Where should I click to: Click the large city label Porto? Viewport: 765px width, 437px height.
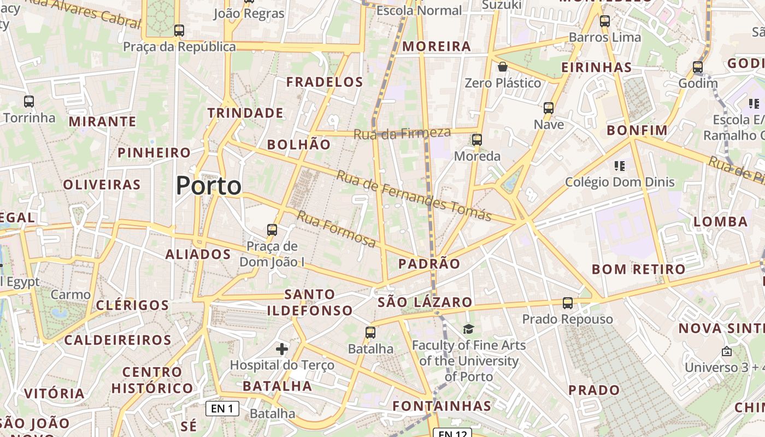point(208,186)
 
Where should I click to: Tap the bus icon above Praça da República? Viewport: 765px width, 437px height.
point(179,31)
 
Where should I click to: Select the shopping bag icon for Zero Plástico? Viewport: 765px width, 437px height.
point(502,67)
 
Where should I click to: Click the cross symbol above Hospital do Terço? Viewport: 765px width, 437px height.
point(282,349)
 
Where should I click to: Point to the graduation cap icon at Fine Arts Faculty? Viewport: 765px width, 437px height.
point(468,329)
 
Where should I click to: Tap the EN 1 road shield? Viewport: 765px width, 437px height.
point(222,408)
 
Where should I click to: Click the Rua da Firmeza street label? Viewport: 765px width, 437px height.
point(402,133)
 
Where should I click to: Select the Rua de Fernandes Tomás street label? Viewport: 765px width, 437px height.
point(414,196)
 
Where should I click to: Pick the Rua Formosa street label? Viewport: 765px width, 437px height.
point(336,228)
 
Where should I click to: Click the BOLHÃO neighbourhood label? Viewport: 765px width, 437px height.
point(299,144)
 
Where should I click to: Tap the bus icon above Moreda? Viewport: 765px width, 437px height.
point(477,140)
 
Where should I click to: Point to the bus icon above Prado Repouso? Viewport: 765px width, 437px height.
point(568,303)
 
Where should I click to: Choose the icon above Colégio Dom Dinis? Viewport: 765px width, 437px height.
point(619,166)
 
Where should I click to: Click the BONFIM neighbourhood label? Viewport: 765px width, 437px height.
point(637,130)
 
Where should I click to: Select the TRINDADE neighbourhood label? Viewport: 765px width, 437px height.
point(245,113)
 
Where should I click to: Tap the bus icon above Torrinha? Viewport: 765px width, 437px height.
point(29,101)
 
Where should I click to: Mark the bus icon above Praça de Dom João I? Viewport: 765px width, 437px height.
point(272,230)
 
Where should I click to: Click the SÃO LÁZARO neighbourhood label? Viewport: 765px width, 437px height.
point(425,302)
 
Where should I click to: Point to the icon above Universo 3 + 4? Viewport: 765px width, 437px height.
point(726,351)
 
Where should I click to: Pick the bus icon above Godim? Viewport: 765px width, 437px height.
point(698,68)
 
